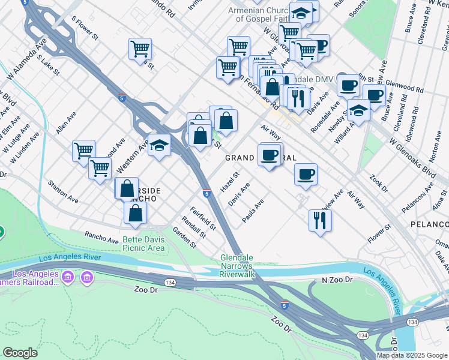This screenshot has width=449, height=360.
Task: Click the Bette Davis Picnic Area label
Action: [143, 243]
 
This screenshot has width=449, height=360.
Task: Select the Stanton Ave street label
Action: [64, 190]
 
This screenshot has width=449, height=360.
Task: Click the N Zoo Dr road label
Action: [336, 280]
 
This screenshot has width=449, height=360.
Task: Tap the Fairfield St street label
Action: [203, 219]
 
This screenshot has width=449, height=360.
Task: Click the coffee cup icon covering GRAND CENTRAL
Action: [270, 155]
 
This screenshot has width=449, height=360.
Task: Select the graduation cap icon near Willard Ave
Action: [358, 110]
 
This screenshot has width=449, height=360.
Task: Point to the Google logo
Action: [20, 353]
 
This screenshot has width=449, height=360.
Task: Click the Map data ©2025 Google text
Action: [412, 355]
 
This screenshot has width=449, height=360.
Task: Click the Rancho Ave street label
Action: [101, 238]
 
